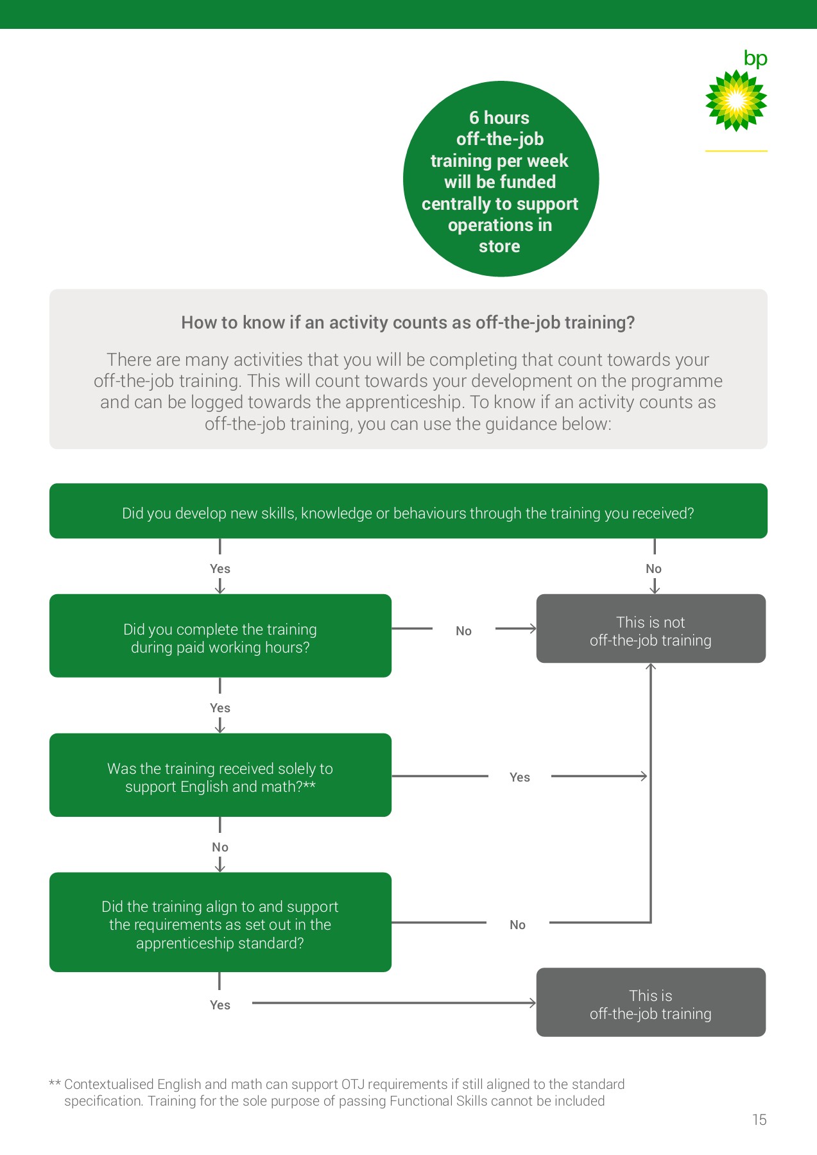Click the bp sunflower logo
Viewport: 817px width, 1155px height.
point(736,101)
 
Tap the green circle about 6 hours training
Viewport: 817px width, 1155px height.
point(501,180)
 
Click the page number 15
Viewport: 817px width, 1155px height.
point(759,1120)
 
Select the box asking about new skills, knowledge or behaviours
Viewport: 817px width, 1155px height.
point(408,511)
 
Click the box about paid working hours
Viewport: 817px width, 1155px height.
point(220,636)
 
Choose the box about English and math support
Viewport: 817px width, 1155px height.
point(220,775)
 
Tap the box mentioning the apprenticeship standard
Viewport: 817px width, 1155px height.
point(220,922)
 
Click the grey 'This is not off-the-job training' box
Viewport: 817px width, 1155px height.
point(651,629)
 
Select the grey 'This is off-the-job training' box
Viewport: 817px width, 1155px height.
point(651,1002)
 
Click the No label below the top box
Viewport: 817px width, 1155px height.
point(653,569)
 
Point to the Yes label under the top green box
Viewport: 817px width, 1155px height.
point(220,569)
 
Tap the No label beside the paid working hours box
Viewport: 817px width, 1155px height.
point(463,631)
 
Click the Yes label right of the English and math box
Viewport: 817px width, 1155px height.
point(519,777)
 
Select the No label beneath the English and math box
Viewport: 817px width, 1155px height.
point(220,847)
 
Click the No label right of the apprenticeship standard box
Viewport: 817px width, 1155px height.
point(517,925)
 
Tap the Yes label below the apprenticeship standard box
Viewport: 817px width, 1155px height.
point(220,1005)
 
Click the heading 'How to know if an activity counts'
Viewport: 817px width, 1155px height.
point(408,322)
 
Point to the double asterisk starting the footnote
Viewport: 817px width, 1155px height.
point(55,1084)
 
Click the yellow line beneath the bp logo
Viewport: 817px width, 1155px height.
point(736,151)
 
